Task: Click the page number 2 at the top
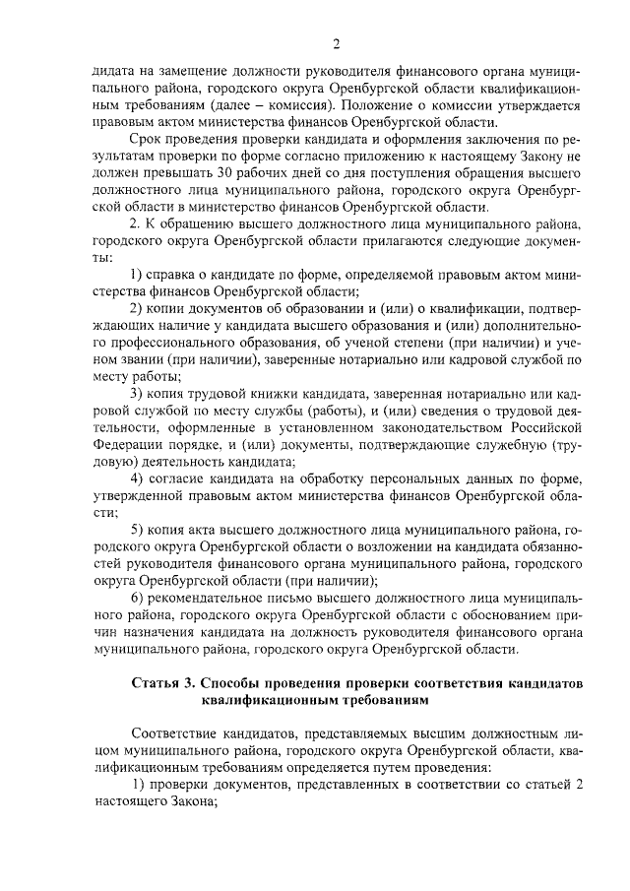pos(336,44)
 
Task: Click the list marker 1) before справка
pos(138,275)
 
